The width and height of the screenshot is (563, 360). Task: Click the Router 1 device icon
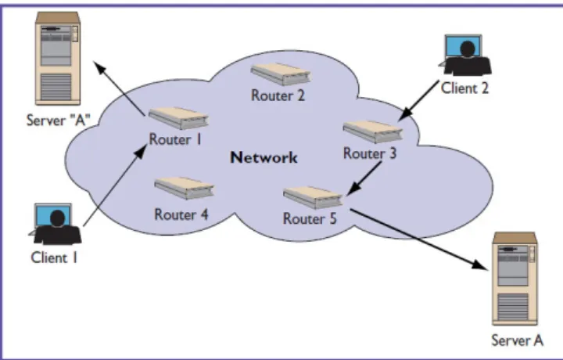pyautogui.click(x=178, y=118)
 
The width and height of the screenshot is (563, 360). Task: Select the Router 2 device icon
pyautogui.click(x=281, y=74)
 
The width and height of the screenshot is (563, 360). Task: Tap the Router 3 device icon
pyautogui.click(x=373, y=131)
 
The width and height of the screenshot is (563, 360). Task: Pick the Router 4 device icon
pyautogui.click(x=185, y=188)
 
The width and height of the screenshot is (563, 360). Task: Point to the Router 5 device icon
pyautogui.click(x=313, y=197)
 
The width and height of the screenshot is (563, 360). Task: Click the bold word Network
pyautogui.click(x=264, y=158)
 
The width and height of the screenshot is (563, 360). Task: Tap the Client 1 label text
pyautogui.click(x=54, y=257)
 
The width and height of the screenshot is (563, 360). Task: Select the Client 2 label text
pyautogui.click(x=464, y=88)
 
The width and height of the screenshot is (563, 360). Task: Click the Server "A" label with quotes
pyautogui.click(x=57, y=120)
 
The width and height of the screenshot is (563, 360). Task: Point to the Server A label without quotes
pyautogui.click(x=517, y=340)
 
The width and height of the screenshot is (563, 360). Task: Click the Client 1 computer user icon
pyautogui.click(x=55, y=224)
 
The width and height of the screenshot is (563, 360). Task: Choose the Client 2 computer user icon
pyautogui.click(x=465, y=55)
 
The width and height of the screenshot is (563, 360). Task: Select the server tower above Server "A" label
pyautogui.click(x=57, y=59)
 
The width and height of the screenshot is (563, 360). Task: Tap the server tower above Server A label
pyautogui.click(x=515, y=279)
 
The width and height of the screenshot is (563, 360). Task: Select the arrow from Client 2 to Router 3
pyautogui.click(x=418, y=100)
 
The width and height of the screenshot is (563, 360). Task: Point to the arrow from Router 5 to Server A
pyautogui.click(x=420, y=239)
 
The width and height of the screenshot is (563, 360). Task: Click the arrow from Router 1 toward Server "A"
pyautogui.click(x=120, y=88)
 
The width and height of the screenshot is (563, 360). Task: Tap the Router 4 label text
pyautogui.click(x=181, y=214)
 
